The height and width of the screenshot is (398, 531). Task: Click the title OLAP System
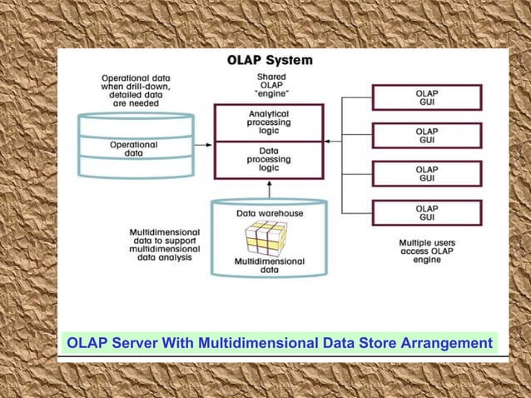point(270,61)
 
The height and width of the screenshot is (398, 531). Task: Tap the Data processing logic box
point(269,159)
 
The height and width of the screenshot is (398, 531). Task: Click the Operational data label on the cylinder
point(133,149)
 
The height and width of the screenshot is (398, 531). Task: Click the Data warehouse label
point(270,213)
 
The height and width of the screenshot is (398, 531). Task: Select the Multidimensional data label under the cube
point(269,266)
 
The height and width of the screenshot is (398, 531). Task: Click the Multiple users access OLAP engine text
point(427,251)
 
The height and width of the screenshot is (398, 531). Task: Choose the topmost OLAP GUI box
point(427,97)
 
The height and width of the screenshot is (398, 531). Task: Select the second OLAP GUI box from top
point(427,136)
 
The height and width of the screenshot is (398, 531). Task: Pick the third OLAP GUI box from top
point(427,174)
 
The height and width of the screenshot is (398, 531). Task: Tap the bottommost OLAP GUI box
point(427,212)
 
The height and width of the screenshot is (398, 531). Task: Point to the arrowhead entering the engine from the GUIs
point(327,142)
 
